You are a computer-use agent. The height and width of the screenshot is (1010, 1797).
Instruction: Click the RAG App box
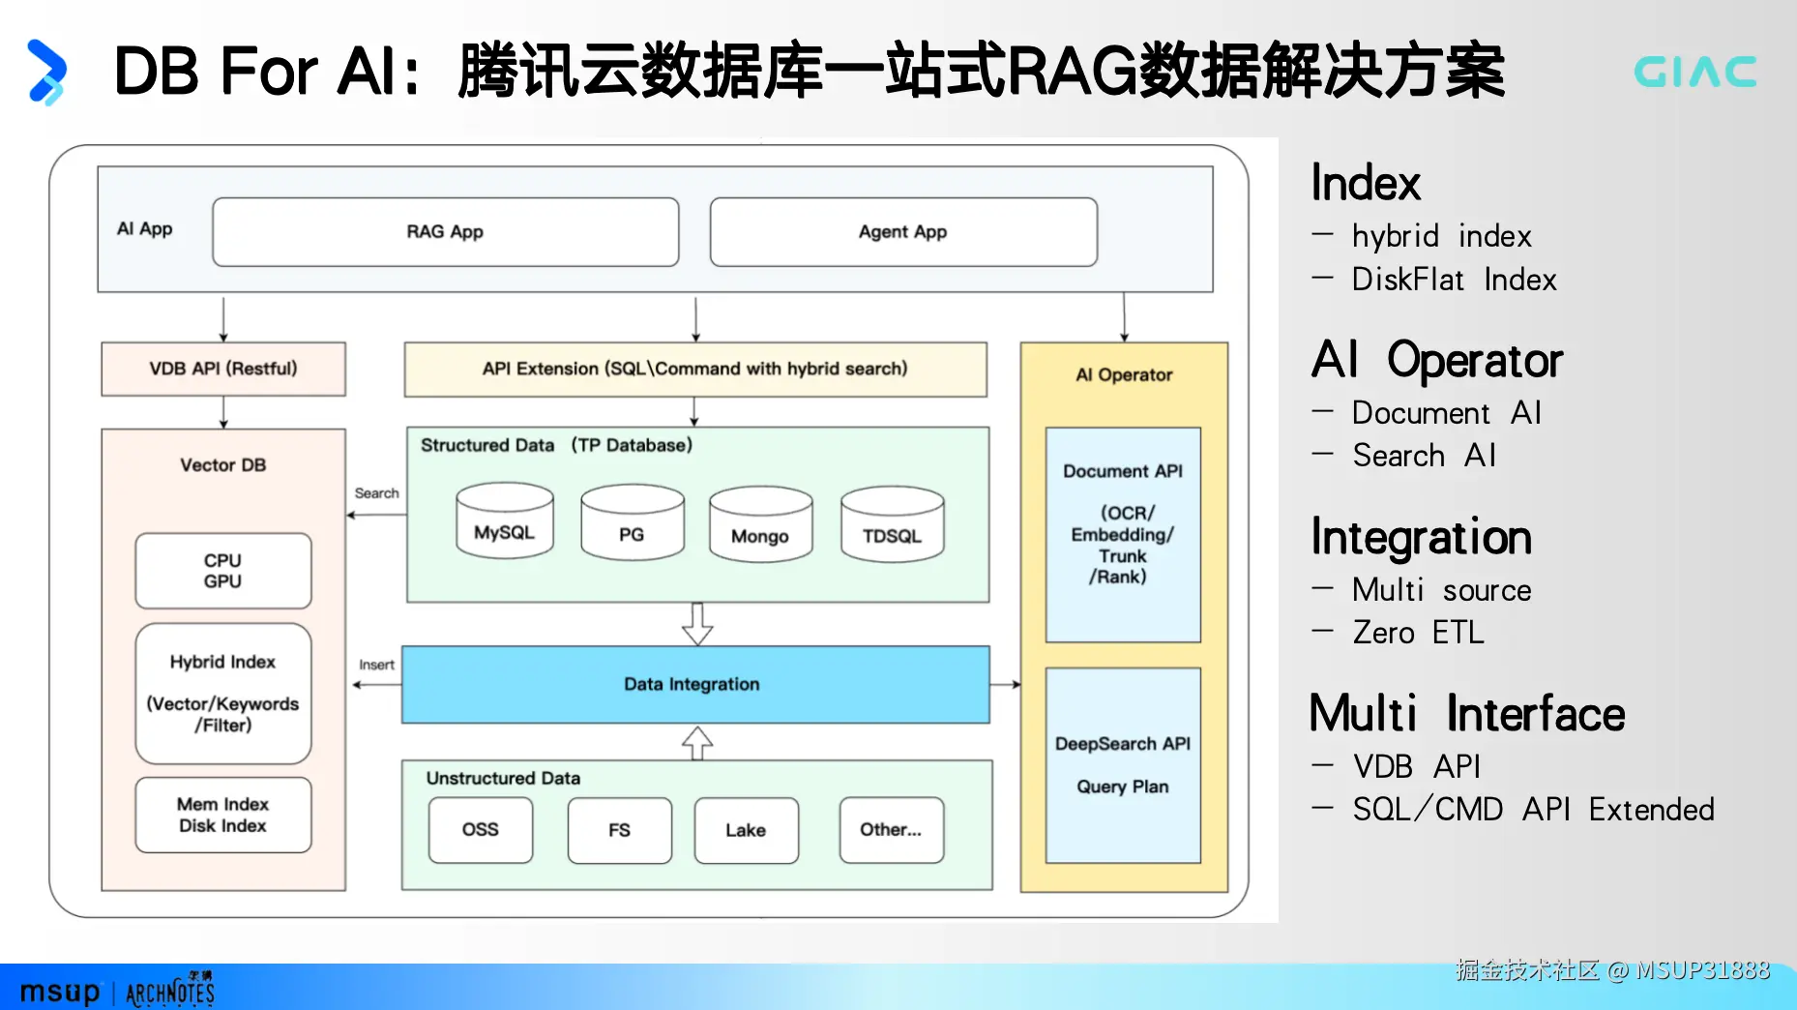(x=446, y=232)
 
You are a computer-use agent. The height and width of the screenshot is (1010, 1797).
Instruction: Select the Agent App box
(x=903, y=232)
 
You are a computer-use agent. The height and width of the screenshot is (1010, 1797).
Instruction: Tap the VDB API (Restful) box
(x=223, y=369)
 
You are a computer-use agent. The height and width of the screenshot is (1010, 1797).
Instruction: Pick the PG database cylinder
(x=633, y=522)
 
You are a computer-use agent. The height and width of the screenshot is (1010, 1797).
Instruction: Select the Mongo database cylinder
(x=761, y=523)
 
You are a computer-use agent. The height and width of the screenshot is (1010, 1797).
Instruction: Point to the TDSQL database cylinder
(x=893, y=523)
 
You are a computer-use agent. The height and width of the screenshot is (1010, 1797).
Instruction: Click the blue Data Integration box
(x=695, y=685)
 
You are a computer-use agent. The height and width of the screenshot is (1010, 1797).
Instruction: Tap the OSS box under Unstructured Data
(x=481, y=830)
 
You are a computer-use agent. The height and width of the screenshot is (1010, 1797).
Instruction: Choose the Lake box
(x=747, y=830)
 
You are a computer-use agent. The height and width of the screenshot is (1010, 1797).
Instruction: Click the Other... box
(x=892, y=830)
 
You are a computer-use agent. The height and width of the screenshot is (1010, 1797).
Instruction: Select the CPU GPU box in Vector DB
(x=223, y=571)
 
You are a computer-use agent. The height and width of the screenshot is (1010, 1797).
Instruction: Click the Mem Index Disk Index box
(x=223, y=815)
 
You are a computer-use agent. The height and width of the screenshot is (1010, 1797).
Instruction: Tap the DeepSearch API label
(x=1123, y=744)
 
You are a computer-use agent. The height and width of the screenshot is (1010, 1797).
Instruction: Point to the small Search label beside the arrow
(x=376, y=493)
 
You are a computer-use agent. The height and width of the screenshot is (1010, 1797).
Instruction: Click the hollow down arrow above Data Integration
(x=697, y=624)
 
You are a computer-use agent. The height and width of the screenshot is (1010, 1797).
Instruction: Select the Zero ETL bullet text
(x=1418, y=633)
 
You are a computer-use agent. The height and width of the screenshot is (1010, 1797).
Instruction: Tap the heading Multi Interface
(x=1467, y=714)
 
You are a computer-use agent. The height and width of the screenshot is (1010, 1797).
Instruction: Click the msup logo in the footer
(x=60, y=993)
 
